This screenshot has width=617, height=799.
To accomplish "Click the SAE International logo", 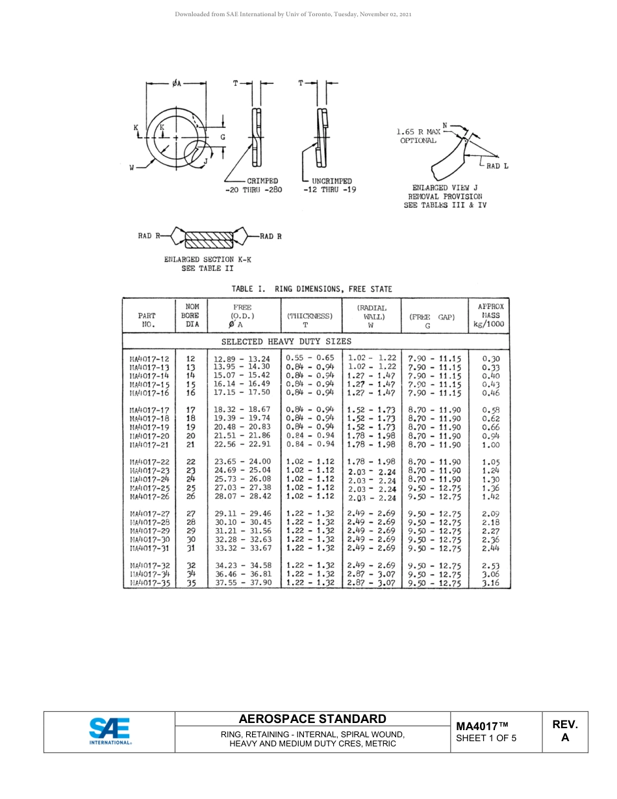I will pyautogui.click(x=109, y=731).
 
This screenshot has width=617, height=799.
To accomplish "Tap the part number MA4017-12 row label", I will pyautogui.click(x=149, y=358).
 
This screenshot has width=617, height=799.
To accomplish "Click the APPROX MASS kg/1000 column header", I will pyautogui.click(x=490, y=315).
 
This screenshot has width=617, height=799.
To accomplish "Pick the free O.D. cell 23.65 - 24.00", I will pyautogui.click(x=242, y=461).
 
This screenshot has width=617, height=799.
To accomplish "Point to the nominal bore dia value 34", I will pyautogui.click(x=191, y=574).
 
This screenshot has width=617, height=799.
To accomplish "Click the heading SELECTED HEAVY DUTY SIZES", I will pyautogui.click(x=286, y=341).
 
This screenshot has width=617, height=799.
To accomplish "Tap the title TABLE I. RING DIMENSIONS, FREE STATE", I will pyautogui.click(x=312, y=289).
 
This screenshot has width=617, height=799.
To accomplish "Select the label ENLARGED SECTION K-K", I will pyautogui.click(x=207, y=259).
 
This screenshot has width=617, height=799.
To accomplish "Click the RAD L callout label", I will pyautogui.click(x=497, y=166).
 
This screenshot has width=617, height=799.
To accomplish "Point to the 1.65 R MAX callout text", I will pyautogui.click(x=418, y=132).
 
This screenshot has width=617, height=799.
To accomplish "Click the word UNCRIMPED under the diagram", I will pyautogui.click(x=331, y=181).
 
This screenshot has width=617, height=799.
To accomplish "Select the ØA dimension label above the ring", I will pyautogui.click(x=177, y=83).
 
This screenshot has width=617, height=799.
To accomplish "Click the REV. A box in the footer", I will pyautogui.click(x=564, y=731).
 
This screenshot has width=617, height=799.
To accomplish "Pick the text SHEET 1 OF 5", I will pyautogui.click(x=486, y=738).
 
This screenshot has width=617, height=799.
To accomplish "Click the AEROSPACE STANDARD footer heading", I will pyautogui.click(x=312, y=719).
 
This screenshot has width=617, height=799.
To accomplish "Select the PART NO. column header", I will pyautogui.click(x=147, y=320).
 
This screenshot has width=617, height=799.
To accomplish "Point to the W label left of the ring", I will pyautogui.click(x=132, y=168).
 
